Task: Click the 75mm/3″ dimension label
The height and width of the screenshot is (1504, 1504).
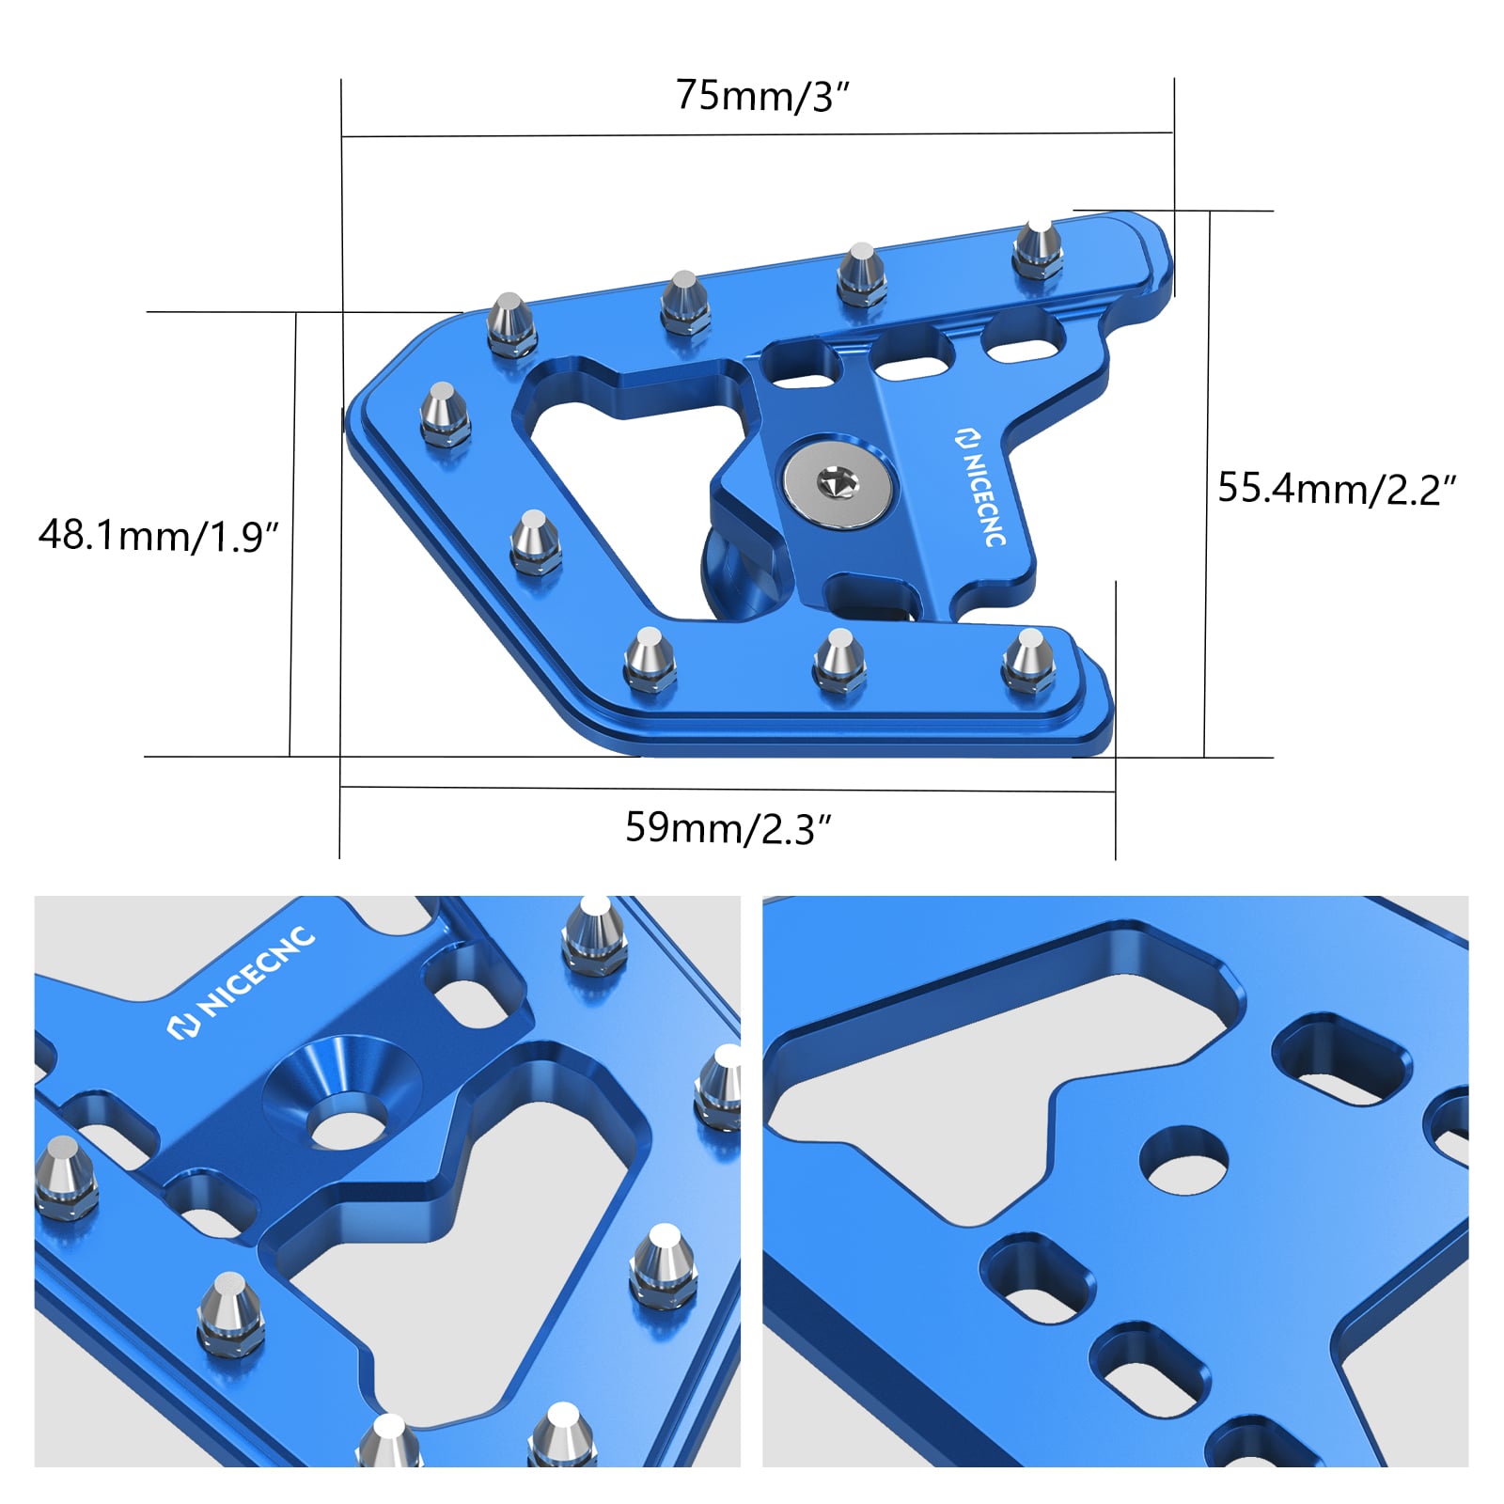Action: click(x=762, y=96)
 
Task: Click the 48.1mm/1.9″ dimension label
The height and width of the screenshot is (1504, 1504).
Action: click(x=159, y=536)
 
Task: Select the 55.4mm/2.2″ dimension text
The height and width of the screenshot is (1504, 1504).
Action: click(x=1336, y=489)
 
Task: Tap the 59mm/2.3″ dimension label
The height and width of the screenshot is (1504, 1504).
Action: click(x=728, y=828)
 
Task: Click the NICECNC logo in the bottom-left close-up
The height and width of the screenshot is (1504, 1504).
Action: click(x=241, y=983)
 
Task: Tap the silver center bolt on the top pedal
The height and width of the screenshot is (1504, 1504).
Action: click(x=837, y=484)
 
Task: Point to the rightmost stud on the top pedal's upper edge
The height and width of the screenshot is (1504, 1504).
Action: click(x=1038, y=249)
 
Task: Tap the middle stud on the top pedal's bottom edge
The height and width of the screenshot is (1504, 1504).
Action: click(x=839, y=662)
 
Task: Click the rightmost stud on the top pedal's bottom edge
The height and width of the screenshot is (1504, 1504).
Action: click(x=1027, y=660)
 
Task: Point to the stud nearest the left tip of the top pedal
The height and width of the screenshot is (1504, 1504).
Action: click(x=444, y=413)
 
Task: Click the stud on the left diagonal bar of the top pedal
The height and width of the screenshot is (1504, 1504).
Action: click(x=536, y=541)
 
